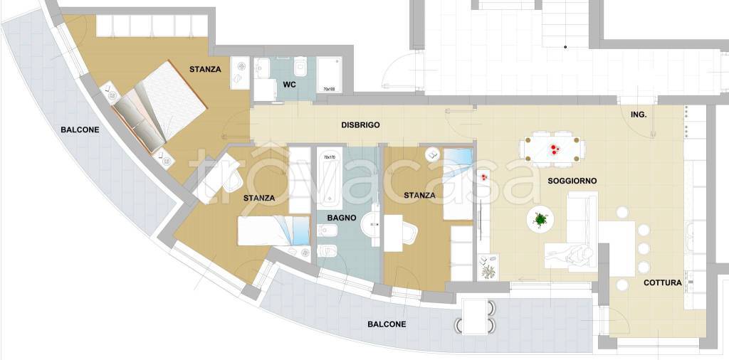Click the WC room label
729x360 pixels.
[x=289, y=85]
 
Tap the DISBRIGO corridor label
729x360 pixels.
[x=360, y=125]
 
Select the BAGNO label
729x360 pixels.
[x=342, y=218]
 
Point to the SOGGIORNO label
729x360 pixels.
[x=572, y=181]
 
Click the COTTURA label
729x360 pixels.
[x=662, y=282]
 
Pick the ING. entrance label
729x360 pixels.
[x=639, y=114]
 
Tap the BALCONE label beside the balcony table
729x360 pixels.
[x=387, y=324]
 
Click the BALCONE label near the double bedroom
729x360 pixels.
[x=80, y=130]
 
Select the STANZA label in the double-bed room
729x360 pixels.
[x=205, y=70]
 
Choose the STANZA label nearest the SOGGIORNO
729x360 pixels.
[x=419, y=195]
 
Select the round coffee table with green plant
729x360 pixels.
[x=540, y=219]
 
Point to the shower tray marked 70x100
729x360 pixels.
[x=328, y=75]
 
